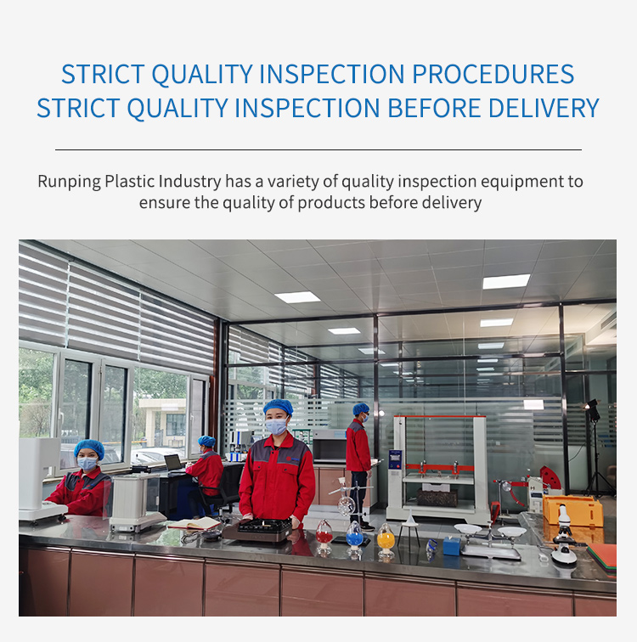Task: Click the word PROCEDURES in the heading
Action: [x=493, y=74]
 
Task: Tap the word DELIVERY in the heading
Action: [x=544, y=108]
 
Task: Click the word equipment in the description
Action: [x=521, y=182]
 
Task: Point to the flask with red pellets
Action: [x=324, y=537]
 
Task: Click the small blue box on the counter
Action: [x=452, y=546]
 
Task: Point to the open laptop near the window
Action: [x=174, y=463]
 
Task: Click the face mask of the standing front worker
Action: [x=276, y=426]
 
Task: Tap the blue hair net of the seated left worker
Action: [x=89, y=448]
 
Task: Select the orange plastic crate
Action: [x=572, y=510]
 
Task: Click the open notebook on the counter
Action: [x=194, y=523]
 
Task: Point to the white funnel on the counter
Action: [x=409, y=519]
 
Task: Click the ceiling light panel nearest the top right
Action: [x=506, y=281]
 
